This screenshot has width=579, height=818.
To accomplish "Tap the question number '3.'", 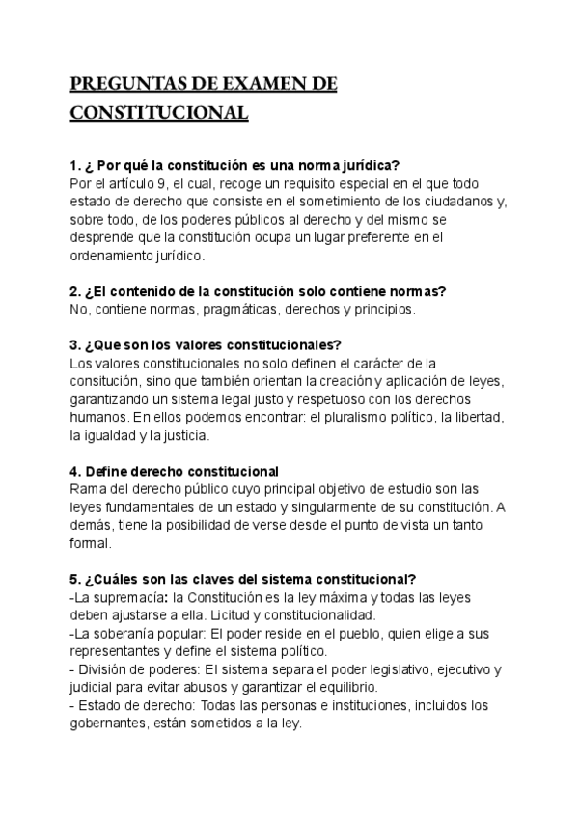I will tap(76, 345).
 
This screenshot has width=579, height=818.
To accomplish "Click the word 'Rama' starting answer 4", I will tap(88, 489).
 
